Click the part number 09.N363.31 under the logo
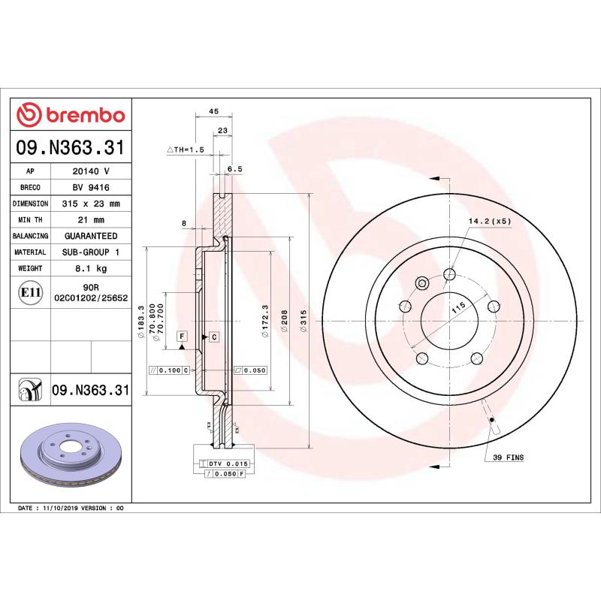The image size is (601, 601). click(70, 148)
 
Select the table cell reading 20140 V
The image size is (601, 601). click(90, 171)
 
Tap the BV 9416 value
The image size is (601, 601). click(90, 187)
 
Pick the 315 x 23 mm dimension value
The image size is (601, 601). click(90, 204)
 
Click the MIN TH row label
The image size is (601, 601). click(31, 219)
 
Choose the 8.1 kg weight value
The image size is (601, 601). click(90, 268)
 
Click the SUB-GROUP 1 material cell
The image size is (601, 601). click(90, 252)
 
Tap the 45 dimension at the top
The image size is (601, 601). click(213, 111)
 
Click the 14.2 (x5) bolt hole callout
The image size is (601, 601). click(489, 222)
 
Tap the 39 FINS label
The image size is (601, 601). click(509, 457)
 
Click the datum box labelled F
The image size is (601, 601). click(182, 336)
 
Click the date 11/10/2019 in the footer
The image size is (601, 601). click(64, 509)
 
